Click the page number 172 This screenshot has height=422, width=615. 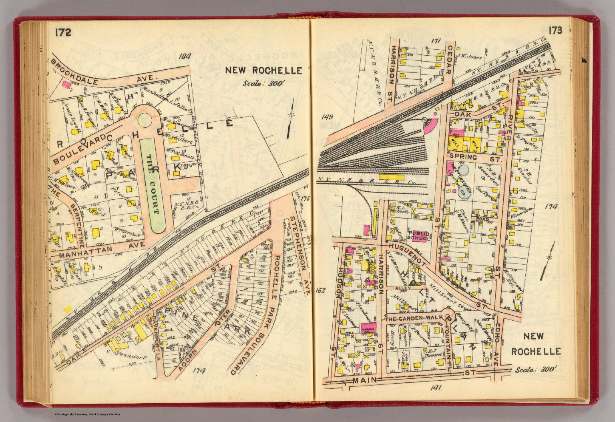(63, 32)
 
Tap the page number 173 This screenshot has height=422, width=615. (556, 30)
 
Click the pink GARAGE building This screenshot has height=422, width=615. (368, 328)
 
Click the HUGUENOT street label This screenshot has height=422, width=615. (406, 251)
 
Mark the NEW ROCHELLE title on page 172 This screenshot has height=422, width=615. (263, 70)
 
